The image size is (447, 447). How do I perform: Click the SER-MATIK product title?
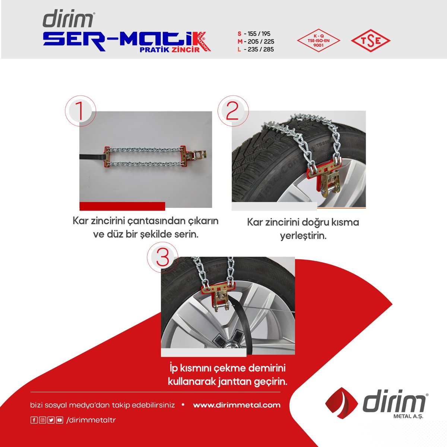[127, 41]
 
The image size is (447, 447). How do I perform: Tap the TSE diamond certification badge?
[370, 41]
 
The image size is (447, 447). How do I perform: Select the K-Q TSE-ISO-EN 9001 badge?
[318, 40]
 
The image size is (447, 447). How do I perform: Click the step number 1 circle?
[80, 111]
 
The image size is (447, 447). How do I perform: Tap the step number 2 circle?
[233, 111]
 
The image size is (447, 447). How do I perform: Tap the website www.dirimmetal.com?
[237, 405]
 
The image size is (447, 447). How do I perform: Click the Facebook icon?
[34, 420]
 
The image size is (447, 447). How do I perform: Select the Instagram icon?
[42, 420]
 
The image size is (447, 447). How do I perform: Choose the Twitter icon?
[51, 420]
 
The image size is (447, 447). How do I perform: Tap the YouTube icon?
[60, 420]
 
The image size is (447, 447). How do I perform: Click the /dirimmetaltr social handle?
[91, 420]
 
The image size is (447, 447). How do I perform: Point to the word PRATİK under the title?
[154, 50]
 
